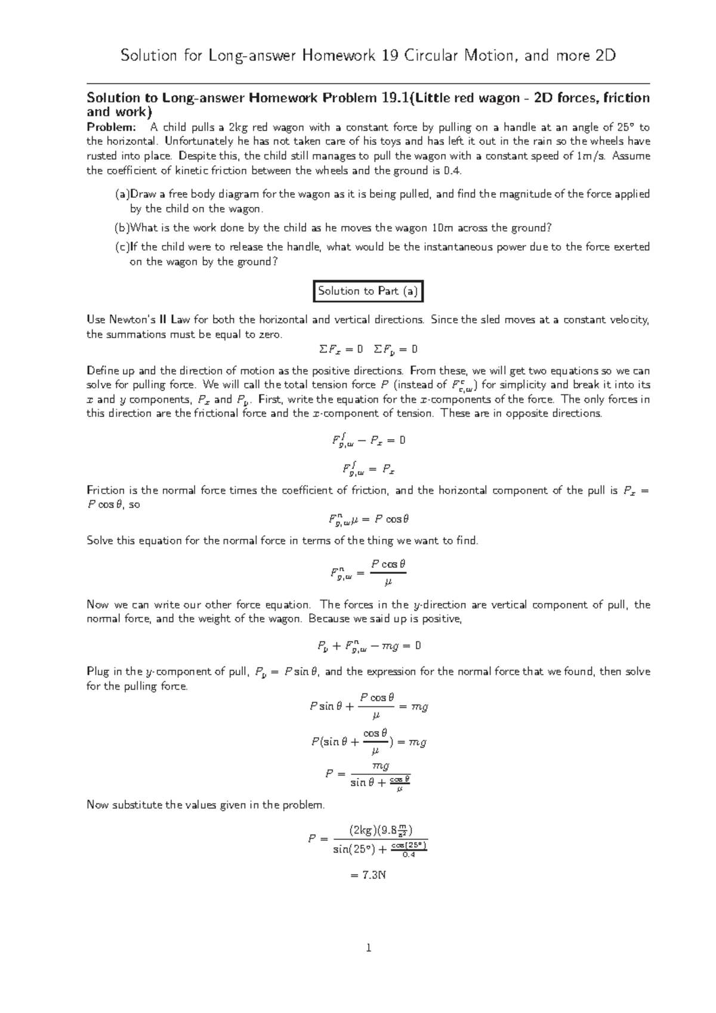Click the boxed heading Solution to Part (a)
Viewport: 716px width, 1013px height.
click(x=368, y=291)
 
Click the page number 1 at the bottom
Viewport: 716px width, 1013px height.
click(x=369, y=947)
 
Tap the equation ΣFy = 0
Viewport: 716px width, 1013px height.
click(x=395, y=349)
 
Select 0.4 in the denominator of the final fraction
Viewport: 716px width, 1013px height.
click(x=409, y=855)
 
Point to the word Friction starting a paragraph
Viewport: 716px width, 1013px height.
click(x=106, y=490)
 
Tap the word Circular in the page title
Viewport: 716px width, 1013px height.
click(x=430, y=56)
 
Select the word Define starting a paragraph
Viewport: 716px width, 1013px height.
click(x=103, y=370)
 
